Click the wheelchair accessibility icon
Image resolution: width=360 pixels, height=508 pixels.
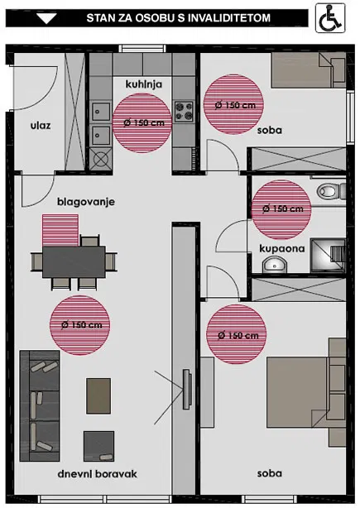330,18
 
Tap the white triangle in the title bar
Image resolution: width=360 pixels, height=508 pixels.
46,18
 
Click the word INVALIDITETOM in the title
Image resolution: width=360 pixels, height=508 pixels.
228,17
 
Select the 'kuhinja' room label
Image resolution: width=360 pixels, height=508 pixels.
143,84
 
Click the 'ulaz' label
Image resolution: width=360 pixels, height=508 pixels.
41,125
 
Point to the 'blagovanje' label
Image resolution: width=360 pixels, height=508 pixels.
86,202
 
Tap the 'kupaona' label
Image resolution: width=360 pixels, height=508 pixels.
282,248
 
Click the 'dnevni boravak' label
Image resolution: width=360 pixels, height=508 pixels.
97,474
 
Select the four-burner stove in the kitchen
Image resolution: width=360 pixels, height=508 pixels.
184,112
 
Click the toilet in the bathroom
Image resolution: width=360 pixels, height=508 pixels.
330,191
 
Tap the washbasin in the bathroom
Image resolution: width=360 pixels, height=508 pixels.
275,265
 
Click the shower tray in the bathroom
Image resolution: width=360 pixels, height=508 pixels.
327,256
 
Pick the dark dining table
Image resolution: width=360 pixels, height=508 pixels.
74,261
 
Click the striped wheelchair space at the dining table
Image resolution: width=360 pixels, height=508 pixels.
60,230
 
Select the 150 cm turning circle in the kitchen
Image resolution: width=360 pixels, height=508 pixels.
142,123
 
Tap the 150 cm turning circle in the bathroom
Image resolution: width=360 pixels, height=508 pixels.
281,209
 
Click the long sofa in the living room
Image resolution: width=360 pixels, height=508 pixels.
40,405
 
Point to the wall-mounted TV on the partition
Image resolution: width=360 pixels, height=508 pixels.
186,389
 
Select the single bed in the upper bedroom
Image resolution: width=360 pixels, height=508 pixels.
309,70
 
